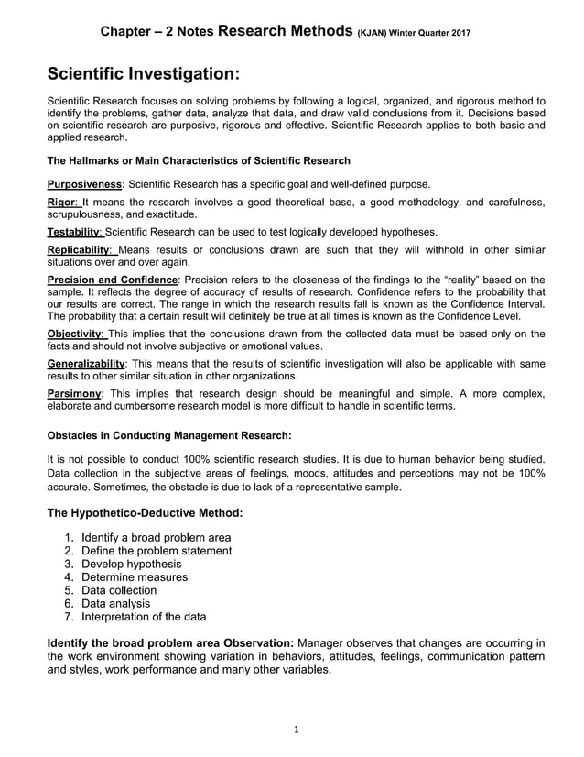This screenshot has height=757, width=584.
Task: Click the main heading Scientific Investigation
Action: pyautogui.click(x=144, y=72)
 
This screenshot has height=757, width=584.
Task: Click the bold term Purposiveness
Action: pyautogui.click(x=85, y=183)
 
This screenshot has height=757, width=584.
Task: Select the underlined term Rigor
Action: pyautogui.click(x=63, y=203)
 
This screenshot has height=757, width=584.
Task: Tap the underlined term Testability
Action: pyautogui.click(x=75, y=232)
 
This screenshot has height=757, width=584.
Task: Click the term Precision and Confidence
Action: pyautogui.click(x=113, y=280)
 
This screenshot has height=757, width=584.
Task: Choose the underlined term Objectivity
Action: pyautogui.click(x=76, y=335)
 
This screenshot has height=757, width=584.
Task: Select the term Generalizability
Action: pyautogui.click(x=85, y=364)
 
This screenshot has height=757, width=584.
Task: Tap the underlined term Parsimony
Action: pyautogui.click(x=74, y=393)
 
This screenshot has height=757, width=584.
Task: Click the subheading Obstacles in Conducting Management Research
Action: pyautogui.click(x=169, y=434)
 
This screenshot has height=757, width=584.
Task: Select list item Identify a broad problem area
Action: pyautogui.click(x=156, y=537)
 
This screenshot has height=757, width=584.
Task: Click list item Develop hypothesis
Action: pyautogui.click(x=131, y=564)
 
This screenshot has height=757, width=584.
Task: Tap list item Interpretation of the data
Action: pyautogui.click(x=144, y=617)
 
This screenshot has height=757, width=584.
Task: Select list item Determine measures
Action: pyautogui.click(x=135, y=577)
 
